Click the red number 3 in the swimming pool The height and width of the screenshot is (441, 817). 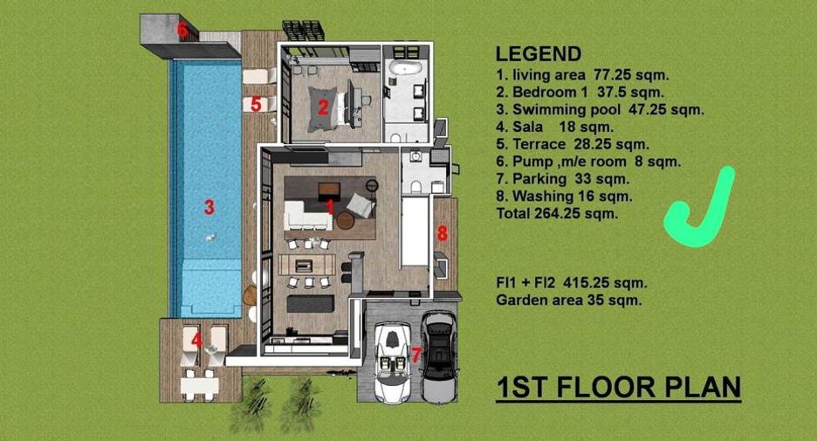click(209, 207)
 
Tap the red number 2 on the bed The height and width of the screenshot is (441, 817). click(323, 108)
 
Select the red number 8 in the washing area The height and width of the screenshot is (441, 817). click(443, 233)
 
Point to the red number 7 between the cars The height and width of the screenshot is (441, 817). click(415, 355)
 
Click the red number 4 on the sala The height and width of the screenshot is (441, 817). click(196, 341)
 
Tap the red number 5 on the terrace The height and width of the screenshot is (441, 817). click(256, 104)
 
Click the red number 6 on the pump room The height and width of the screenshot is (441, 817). click(182, 31)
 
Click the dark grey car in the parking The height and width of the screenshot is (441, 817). click(440, 357)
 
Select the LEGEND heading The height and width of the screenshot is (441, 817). click(539, 54)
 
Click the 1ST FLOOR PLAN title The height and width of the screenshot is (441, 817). click(619, 388)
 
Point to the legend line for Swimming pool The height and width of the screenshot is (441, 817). click(600, 109)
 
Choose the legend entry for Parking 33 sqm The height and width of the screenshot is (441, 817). click(563, 179)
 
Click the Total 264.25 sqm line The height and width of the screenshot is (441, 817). click(557, 213)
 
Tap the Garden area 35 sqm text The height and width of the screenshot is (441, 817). click(569, 300)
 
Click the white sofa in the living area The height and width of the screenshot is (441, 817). click(307, 216)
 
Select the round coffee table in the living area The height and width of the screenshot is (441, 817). click(345, 220)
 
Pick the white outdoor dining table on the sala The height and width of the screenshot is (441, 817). click(200, 386)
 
